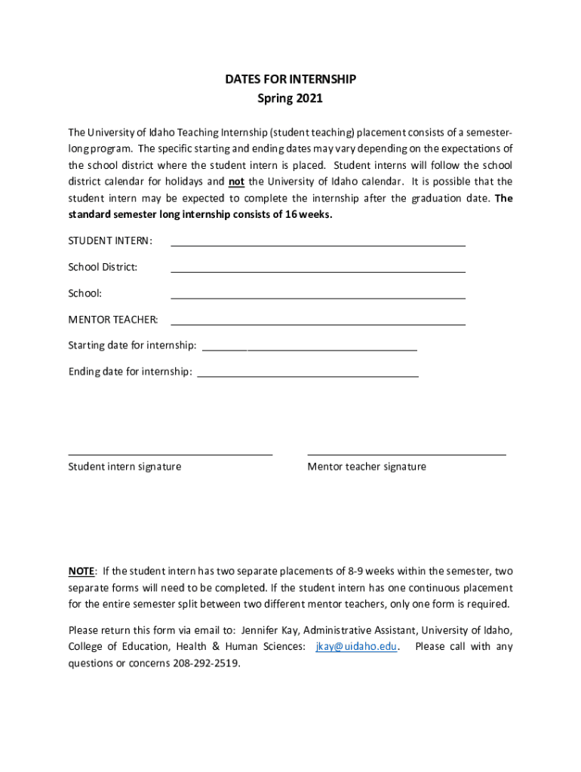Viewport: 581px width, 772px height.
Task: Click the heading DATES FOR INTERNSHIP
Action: coord(290,79)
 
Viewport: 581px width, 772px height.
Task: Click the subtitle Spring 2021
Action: coord(290,98)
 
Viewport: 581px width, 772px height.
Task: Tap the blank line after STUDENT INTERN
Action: coord(318,241)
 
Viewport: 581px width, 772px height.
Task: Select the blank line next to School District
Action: coord(318,268)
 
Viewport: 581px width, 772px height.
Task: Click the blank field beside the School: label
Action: coord(318,294)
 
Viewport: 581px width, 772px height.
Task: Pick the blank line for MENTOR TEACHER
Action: coord(318,320)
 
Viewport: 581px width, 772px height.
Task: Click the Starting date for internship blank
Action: coord(309,346)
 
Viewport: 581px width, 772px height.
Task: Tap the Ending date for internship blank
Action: coord(307,372)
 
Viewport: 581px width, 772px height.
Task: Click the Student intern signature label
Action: coord(124,467)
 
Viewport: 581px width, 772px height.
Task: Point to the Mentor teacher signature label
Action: coord(367,467)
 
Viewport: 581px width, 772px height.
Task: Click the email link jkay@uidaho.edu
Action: coord(356,647)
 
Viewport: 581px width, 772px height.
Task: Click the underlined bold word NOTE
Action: coord(81,571)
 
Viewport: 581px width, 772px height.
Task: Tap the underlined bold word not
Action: coord(236,182)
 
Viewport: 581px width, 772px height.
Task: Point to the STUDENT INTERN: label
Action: coord(110,240)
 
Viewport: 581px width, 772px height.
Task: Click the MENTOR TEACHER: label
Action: coord(113,320)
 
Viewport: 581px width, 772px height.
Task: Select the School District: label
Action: coord(103,267)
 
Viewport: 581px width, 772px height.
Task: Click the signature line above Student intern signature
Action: coord(170,455)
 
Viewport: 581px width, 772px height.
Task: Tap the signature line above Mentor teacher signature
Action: coord(407,455)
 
